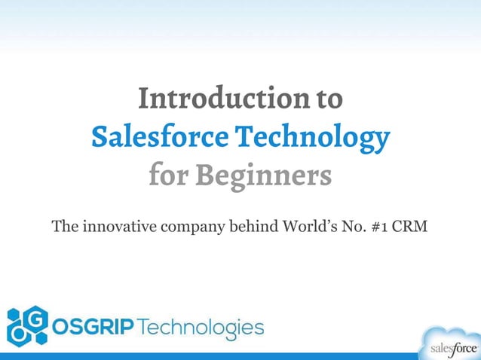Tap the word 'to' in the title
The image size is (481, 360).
(x=329, y=98)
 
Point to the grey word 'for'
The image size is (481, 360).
(x=168, y=176)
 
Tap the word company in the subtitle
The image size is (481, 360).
(x=189, y=227)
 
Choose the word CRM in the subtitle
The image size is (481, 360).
(x=412, y=225)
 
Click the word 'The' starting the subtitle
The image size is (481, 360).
(x=63, y=225)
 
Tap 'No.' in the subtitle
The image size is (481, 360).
(x=354, y=225)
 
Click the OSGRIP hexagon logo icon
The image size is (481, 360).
(x=28, y=325)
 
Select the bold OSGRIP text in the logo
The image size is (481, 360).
(x=93, y=328)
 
